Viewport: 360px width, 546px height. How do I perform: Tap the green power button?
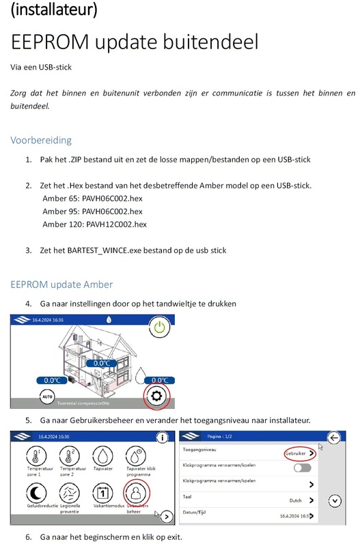tap(159, 327)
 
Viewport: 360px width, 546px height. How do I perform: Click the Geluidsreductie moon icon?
tap(29, 491)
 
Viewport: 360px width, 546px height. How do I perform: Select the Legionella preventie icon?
tap(66, 491)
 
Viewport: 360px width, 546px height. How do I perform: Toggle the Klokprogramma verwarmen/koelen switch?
tap(301, 468)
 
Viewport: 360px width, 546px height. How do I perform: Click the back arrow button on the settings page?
tap(334, 439)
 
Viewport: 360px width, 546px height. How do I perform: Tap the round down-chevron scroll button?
tap(334, 500)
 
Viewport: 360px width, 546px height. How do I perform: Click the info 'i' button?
tap(162, 437)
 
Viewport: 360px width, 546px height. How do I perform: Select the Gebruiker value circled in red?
tap(299, 452)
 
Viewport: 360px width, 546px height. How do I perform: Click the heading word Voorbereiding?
tap(40, 141)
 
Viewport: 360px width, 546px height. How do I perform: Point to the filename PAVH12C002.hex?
tap(114, 224)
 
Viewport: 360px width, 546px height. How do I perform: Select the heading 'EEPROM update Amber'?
tap(61, 284)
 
